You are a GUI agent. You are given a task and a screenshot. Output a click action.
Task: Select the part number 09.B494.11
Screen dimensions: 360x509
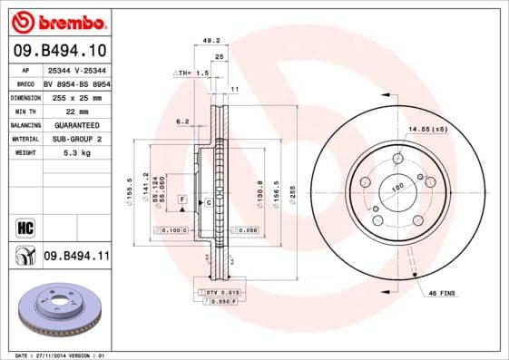[x=76, y=257]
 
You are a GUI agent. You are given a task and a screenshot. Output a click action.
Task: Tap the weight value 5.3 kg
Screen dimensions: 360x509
[x=65, y=153]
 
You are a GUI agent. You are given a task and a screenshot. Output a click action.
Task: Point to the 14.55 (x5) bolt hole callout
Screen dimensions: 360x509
[x=427, y=130]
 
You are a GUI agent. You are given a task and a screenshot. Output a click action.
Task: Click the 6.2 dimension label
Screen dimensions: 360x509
[x=181, y=121]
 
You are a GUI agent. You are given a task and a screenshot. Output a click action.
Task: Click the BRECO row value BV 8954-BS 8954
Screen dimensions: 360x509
[x=76, y=82]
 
